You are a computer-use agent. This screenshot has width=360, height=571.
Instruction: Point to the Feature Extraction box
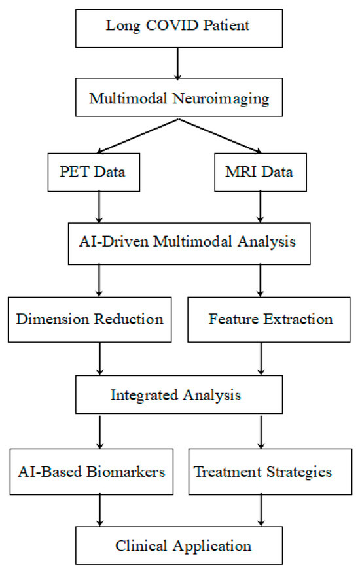[270, 320]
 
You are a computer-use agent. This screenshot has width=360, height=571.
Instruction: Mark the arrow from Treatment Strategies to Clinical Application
[262, 508]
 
